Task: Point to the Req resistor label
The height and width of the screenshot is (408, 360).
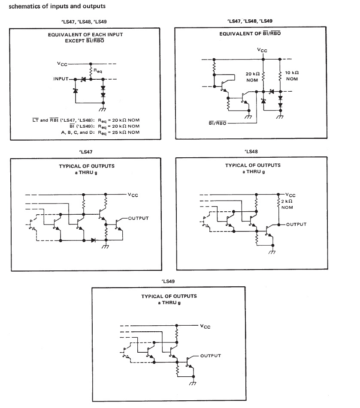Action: point(98,72)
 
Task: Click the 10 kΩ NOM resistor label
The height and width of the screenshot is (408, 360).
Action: point(291,75)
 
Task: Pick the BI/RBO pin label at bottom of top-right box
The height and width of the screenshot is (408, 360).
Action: point(217,123)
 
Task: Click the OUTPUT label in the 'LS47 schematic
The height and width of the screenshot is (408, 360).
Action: point(138,218)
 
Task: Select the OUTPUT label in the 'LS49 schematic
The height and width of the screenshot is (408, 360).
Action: point(210,356)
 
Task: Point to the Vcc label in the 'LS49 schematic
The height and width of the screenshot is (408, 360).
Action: point(205,326)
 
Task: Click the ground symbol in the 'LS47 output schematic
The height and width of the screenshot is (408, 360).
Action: point(106,247)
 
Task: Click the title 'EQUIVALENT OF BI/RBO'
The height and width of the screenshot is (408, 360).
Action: point(250,33)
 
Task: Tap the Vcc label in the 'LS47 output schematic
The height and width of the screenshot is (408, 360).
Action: point(133,195)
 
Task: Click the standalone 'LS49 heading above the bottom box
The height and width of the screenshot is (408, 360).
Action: point(169,281)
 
